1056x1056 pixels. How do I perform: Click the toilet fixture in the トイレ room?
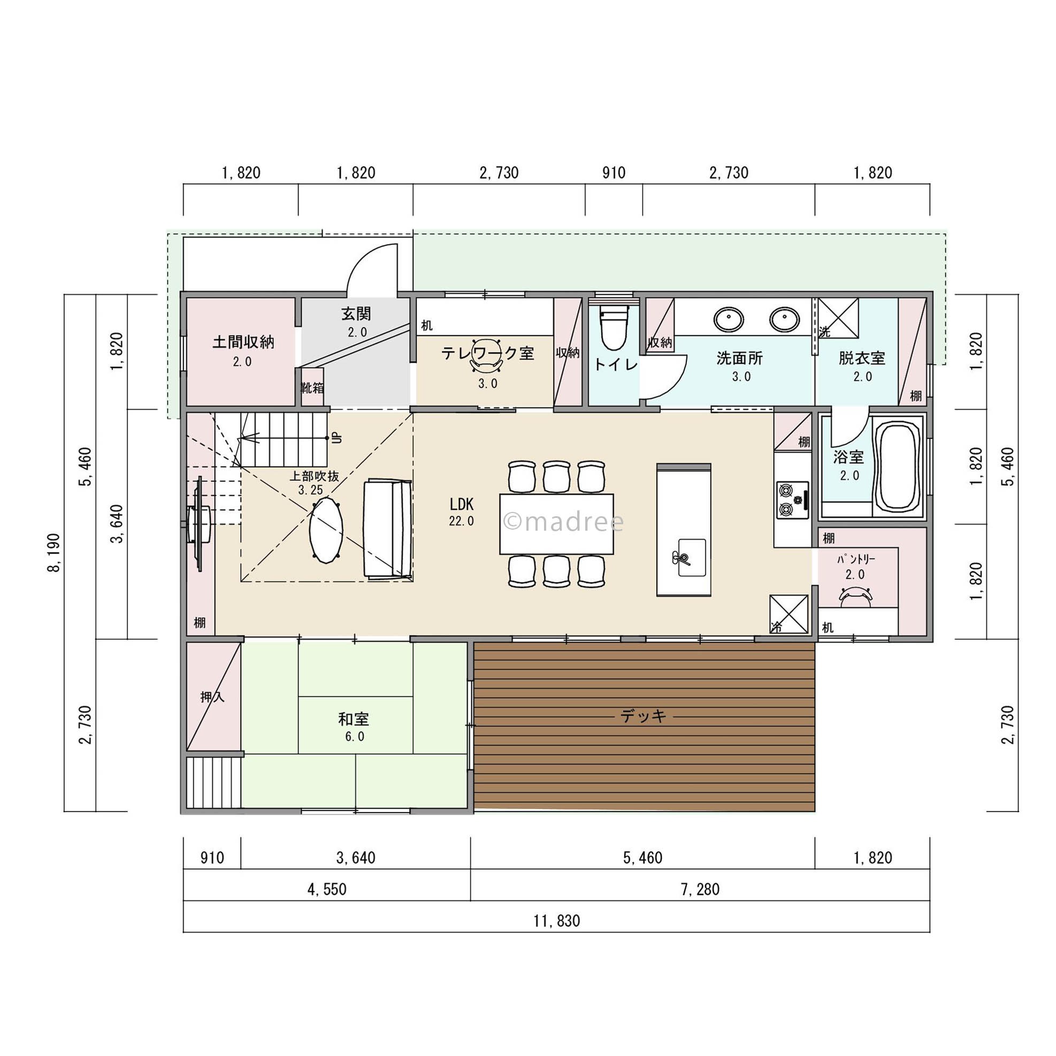tap(613, 328)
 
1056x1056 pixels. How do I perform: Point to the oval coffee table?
tap(326, 529)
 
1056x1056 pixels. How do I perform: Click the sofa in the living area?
tap(387, 529)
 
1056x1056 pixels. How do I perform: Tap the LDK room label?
tap(462, 503)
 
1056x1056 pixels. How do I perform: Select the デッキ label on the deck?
tap(644, 716)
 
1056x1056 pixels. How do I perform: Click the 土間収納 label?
tap(243, 343)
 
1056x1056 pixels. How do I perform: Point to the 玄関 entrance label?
tap(356, 313)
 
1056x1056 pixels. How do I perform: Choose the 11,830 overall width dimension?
tap(556, 921)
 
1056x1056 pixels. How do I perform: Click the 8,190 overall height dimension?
tap(54, 553)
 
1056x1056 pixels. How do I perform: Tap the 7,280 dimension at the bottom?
tap(700, 889)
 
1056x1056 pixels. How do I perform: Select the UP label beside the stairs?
tap(336, 438)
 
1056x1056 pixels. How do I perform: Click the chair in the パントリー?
tap(855, 597)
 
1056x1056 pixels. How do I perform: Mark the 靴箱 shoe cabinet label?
tap(312, 387)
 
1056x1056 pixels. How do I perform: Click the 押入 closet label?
tap(212, 697)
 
